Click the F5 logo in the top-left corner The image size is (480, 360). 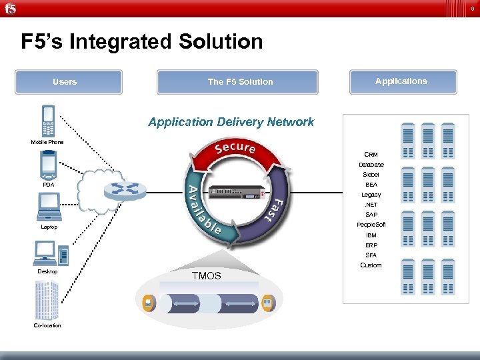coord(10,8)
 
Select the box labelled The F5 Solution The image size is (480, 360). coord(240,82)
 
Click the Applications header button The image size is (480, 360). coord(401,81)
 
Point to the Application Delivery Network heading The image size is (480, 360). coord(231,122)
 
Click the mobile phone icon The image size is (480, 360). coord(47,121)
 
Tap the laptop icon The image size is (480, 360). coord(49,207)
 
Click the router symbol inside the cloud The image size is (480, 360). coord(124,189)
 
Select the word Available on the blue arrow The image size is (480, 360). coord(200,211)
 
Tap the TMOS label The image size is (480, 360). coord(206,275)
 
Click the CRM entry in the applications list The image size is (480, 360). coord(371,155)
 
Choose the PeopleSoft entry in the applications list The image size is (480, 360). coord(371,225)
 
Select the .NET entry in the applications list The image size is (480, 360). coord(371,205)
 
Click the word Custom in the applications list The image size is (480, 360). coord(371,265)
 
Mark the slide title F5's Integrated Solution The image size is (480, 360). coord(142,42)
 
